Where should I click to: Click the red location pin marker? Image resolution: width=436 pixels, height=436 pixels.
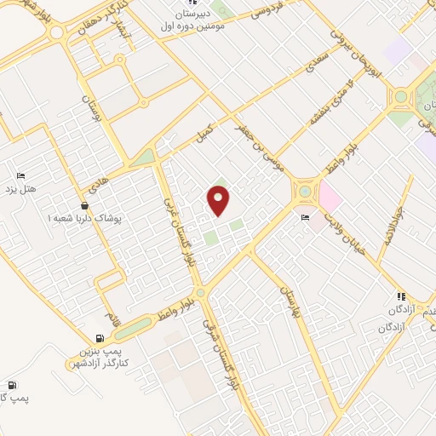click(x=220, y=201)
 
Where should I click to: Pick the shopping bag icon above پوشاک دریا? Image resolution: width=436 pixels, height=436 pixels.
click(x=83, y=206)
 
